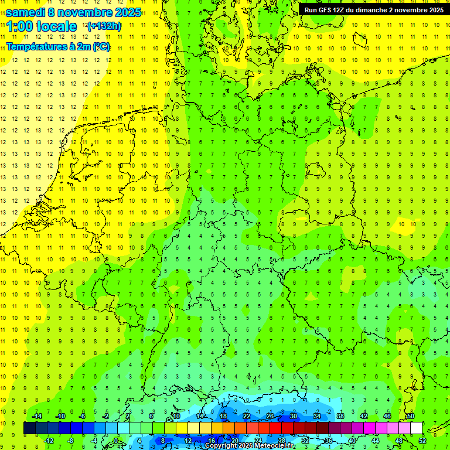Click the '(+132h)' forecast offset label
click(104, 26)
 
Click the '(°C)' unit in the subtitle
click(100, 47)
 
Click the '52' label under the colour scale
click(422, 441)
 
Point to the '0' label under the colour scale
click(116, 441)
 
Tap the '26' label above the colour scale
click(270, 416)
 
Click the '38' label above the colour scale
click(340, 416)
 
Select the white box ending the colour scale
click(416, 428)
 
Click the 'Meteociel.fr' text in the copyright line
click(271, 446)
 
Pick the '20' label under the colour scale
click(234, 441)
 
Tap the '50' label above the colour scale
click(410, 416)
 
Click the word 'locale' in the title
click(56, 26)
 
